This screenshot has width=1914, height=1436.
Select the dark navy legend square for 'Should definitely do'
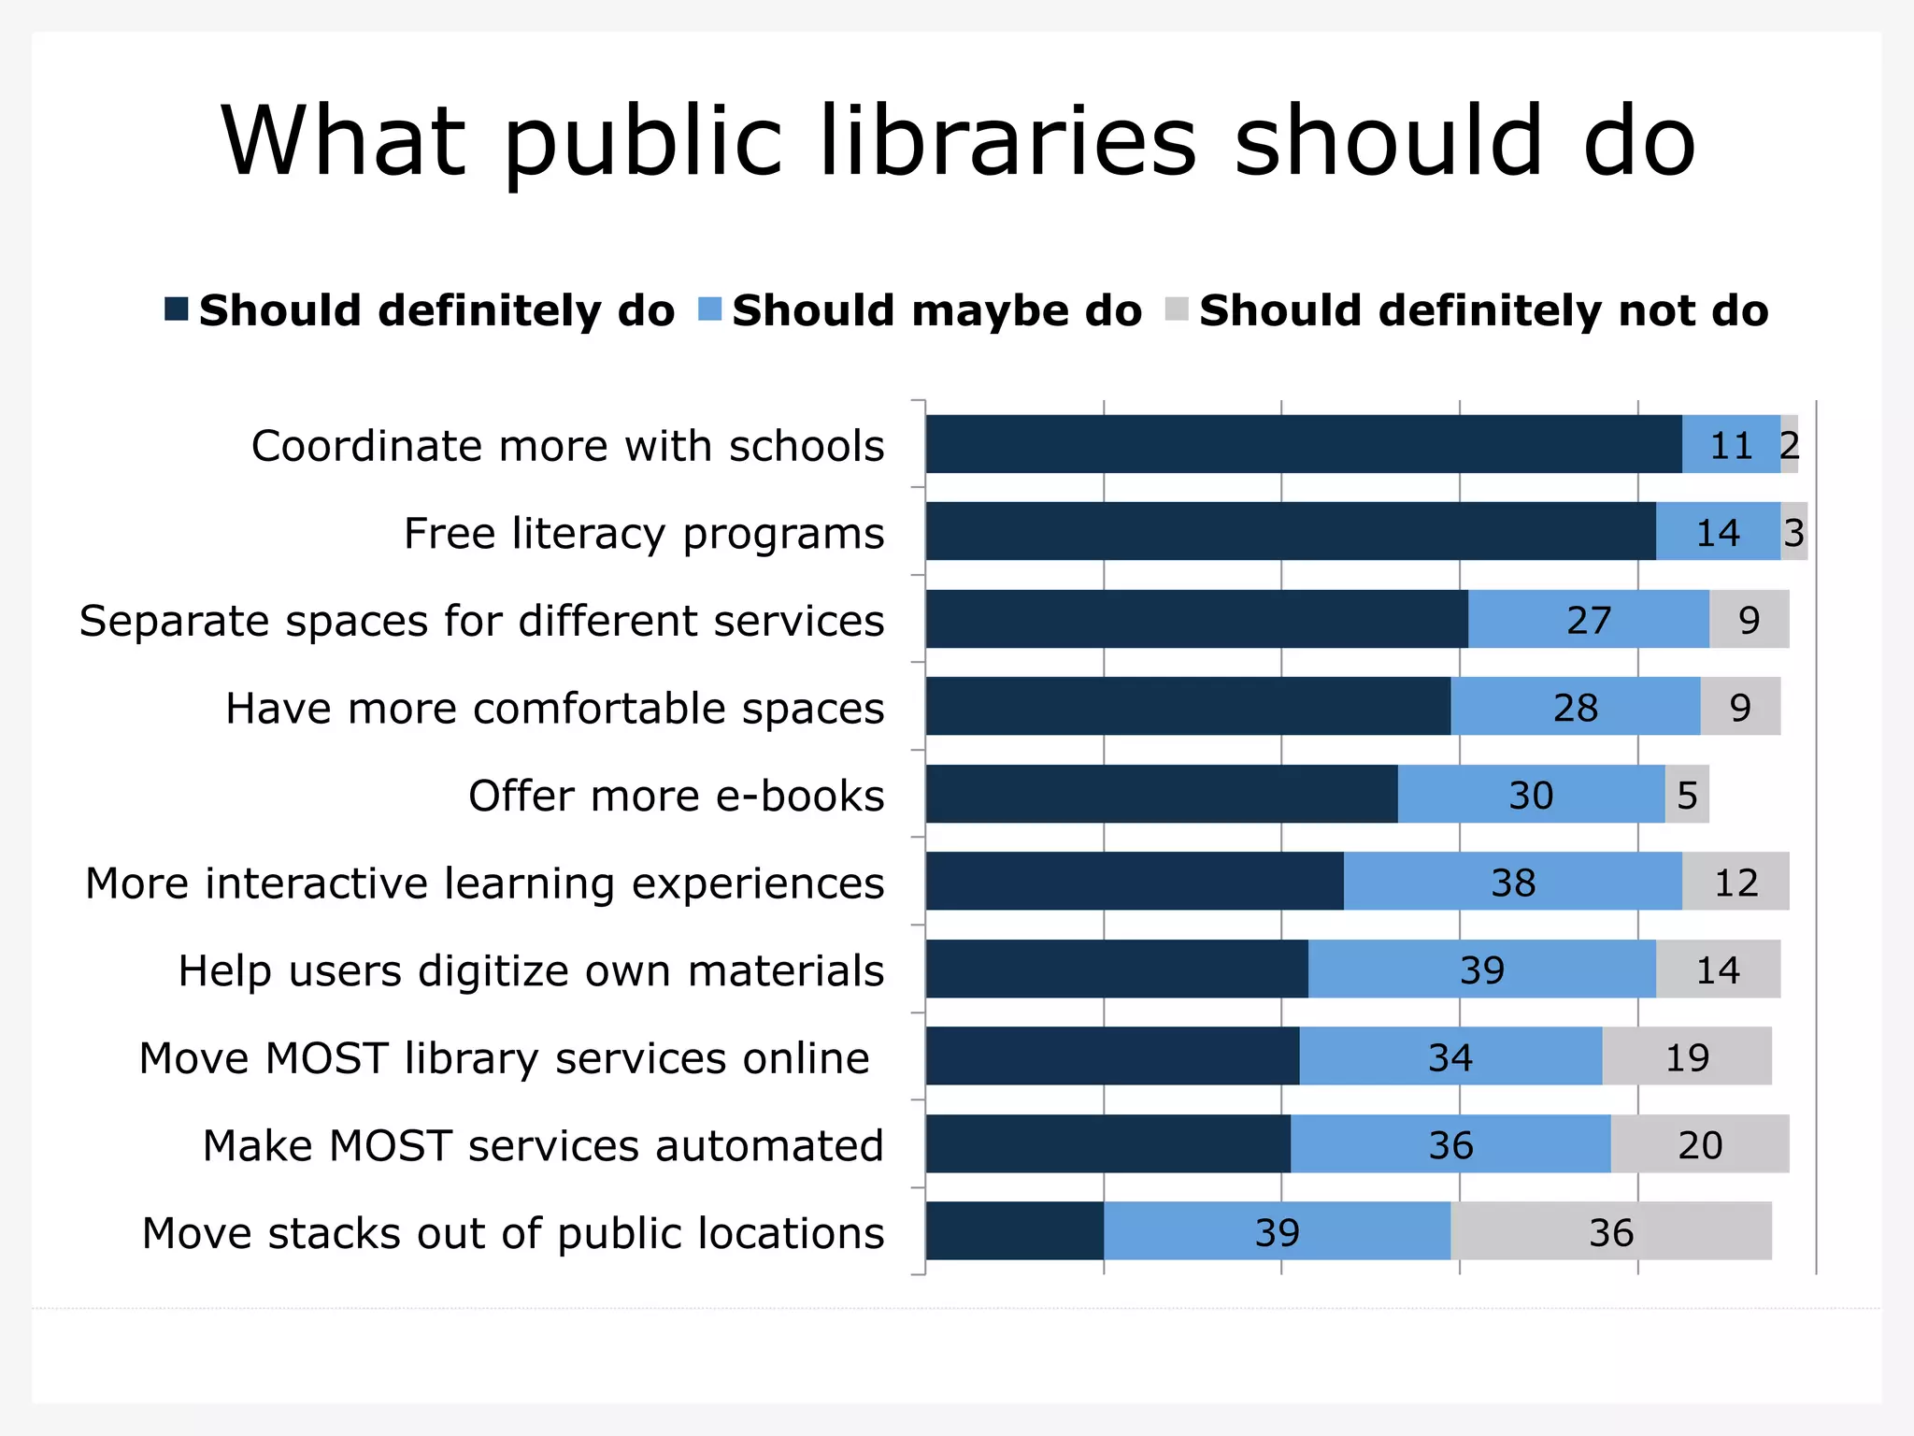[x=176, y=309]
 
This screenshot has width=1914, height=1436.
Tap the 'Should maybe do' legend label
[x=936, y=310]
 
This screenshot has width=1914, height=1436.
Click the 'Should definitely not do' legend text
[x=1483, y=310]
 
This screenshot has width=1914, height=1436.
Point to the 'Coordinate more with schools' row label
[x=567, y=446]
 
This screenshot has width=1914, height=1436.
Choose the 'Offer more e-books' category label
[x=676, y=796]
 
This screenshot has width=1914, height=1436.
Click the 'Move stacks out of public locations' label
[x=513, y=1233]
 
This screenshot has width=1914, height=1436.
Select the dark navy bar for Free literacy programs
[x=1290, y=531]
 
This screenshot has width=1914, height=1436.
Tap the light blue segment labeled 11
[x=1731, y=445]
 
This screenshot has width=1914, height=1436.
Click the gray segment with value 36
[x=1611, y=1232]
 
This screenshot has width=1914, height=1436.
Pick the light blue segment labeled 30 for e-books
[x=1531, y=795]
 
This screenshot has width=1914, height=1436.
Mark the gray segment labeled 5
[x=1687, y=795]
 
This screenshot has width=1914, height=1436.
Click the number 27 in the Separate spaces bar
[x=1589, y=620]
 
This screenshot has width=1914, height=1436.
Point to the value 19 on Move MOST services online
[x=1687, y=1057]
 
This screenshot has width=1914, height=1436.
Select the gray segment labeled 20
[x=1699, y=1144]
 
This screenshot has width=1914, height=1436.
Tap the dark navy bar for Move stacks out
[x=1014, y=1231]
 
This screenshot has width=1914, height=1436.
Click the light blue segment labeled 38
[x=1512, y=882]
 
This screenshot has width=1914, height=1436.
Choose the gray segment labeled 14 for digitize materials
[x=1718, y=969]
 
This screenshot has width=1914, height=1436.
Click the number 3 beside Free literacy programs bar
[x=1793, y=532]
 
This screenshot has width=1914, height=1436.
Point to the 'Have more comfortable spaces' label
[x=554, y=709]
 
